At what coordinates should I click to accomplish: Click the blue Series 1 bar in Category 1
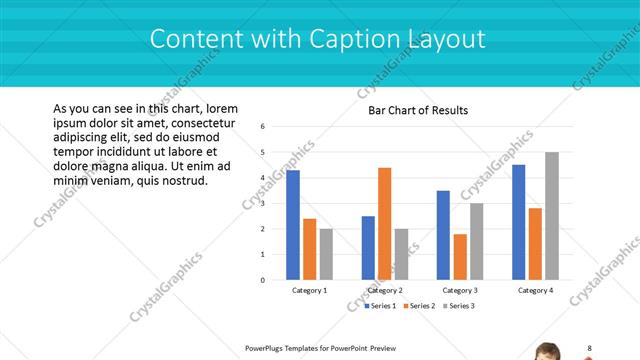click(293, 225)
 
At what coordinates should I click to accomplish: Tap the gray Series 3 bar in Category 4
click(551, 216)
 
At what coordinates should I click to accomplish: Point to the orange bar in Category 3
click(459, 257)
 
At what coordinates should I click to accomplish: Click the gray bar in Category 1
click(325, 254)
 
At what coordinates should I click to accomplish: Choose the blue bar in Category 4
click(518, 222)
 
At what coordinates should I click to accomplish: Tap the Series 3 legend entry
click(459, 305)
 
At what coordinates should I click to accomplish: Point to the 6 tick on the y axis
click(262, 127)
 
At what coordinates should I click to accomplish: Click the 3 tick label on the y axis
click(262, 203)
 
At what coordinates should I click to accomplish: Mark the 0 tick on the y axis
click(262, 280)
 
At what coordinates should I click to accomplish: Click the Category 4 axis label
click(535, 290)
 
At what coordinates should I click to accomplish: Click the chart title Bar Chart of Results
click(418, 110)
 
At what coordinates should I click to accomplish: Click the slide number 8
click(589, 348)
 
